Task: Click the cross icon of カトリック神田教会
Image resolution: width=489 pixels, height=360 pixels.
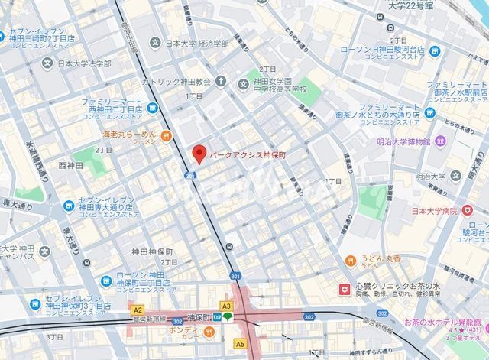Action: [221, 81]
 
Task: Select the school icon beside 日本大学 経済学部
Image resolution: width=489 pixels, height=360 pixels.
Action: [156, 44]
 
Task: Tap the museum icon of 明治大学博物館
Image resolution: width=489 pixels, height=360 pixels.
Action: [441, 141]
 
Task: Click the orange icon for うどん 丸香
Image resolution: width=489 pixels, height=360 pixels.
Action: [350, 260]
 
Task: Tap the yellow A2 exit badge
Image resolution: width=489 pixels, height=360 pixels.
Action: [138, 310]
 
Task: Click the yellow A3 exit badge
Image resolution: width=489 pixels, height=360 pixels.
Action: [226, 306]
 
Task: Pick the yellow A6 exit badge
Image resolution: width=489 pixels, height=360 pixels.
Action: [240, 344]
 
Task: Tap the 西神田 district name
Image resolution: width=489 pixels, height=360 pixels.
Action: [70, 165]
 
